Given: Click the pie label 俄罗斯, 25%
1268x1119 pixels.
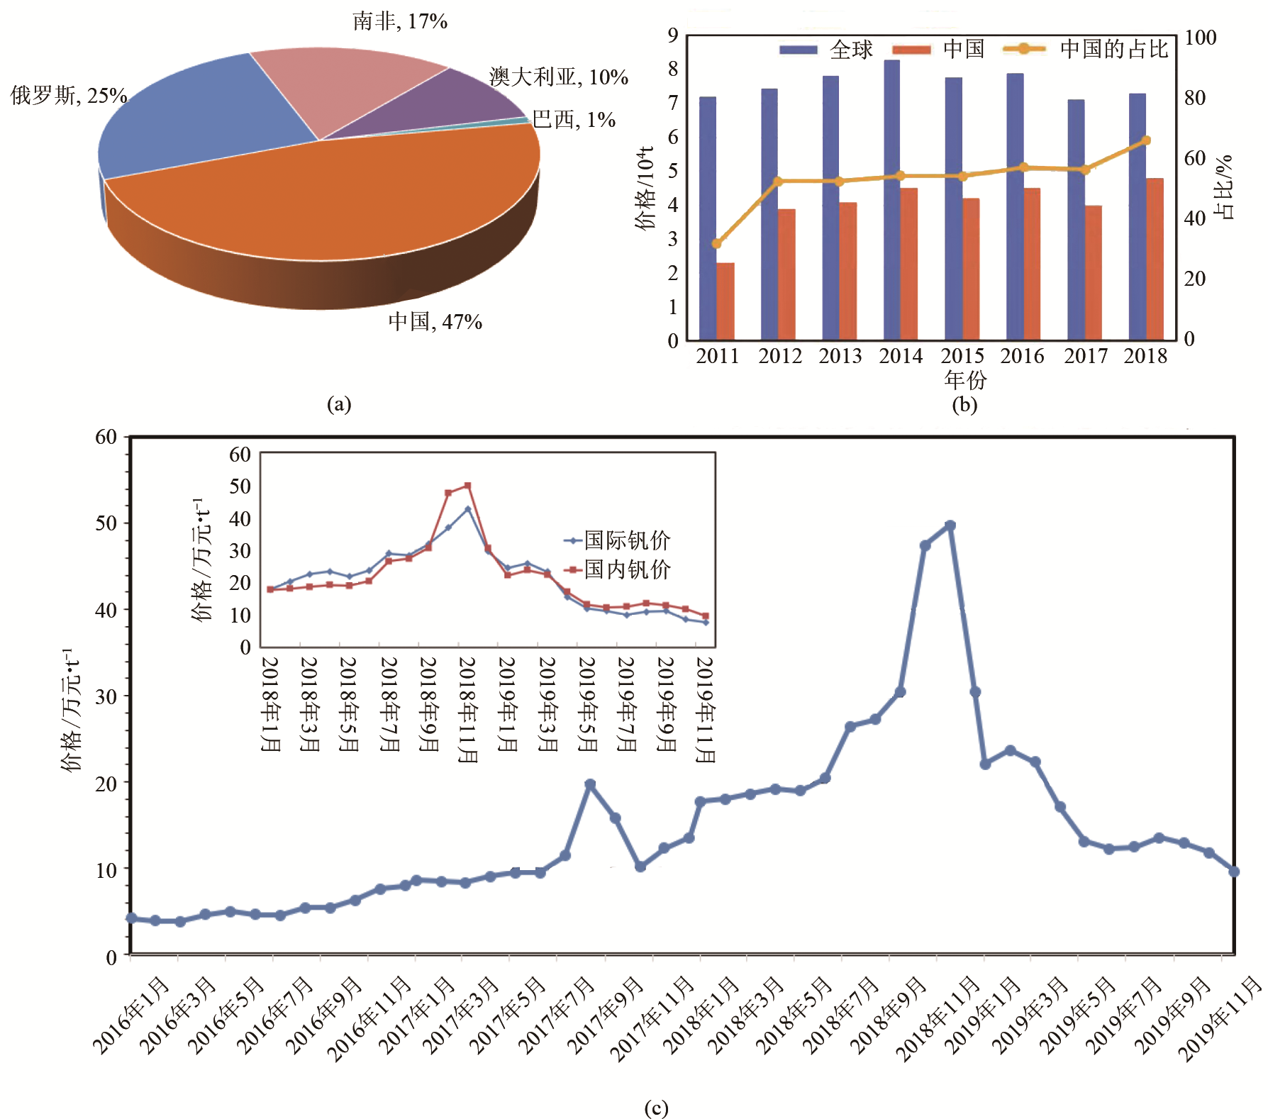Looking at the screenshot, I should point(69,95).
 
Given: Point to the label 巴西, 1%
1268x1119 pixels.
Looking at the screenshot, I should point(574,119).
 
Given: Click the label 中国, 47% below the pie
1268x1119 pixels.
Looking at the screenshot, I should point(435,322).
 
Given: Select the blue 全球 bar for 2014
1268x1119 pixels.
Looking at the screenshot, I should point(891,199).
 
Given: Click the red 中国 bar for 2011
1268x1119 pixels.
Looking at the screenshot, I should point(725,301).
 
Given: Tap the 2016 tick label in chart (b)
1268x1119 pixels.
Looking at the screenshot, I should point(1022,356).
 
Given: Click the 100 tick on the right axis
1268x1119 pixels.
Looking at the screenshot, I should point(1201,38).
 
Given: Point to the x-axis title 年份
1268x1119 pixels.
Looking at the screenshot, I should point(965,379).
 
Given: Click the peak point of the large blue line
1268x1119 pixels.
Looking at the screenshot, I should point(950,525).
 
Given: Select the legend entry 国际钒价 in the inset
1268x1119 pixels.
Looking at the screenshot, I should point(627,540).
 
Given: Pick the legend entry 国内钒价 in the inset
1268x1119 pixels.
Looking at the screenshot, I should point(627,569).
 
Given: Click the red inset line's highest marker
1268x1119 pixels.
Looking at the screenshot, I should point(467,486).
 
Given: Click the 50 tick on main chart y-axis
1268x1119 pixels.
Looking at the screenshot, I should point(106,523).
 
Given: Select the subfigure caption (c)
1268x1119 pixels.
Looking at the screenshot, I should point(656,1108).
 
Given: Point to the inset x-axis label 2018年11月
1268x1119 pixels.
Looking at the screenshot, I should point(467,709).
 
